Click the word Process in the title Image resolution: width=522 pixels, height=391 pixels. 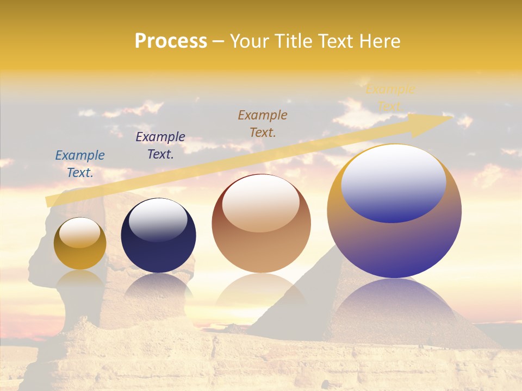171,41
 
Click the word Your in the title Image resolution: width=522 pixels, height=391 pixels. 250,41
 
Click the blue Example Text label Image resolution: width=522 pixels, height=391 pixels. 80,164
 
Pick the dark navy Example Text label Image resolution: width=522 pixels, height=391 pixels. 160,146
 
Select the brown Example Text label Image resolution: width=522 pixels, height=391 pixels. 263,124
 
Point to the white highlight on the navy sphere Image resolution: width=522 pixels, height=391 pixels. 158,220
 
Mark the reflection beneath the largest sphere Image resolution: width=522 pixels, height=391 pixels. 394,304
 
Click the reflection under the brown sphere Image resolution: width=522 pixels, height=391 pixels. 261,296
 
